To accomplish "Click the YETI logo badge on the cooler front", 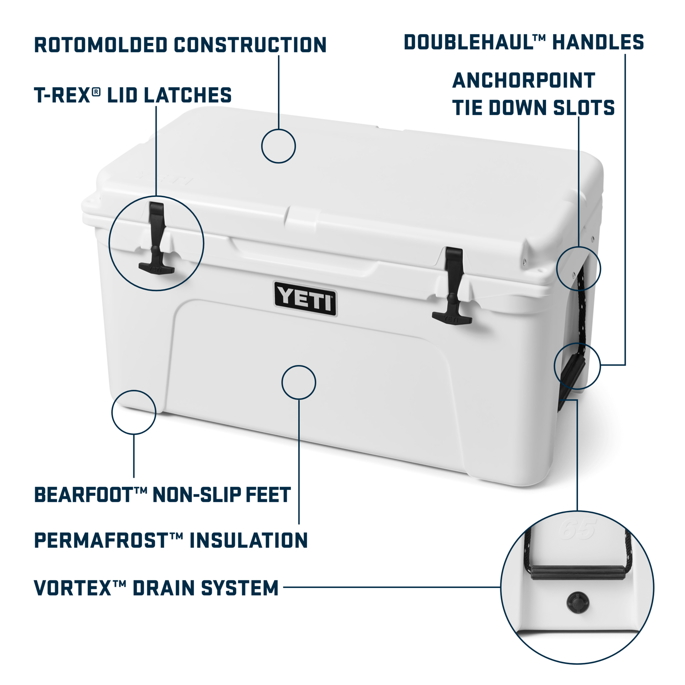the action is tap(305, 299).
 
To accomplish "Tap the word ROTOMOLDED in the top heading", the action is tap(101, 45).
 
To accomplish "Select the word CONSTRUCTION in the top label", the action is tap(250, 45).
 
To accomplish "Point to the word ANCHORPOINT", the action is tap(524, 80).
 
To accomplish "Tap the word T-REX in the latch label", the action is tap(62, 95).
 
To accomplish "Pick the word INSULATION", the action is tap(249, 540).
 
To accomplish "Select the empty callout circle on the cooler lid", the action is tap(278, 146).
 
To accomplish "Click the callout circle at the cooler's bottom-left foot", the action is tap(134, 412).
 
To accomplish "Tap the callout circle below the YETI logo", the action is tap(299, 382).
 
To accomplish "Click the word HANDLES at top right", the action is tap(598, 42).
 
